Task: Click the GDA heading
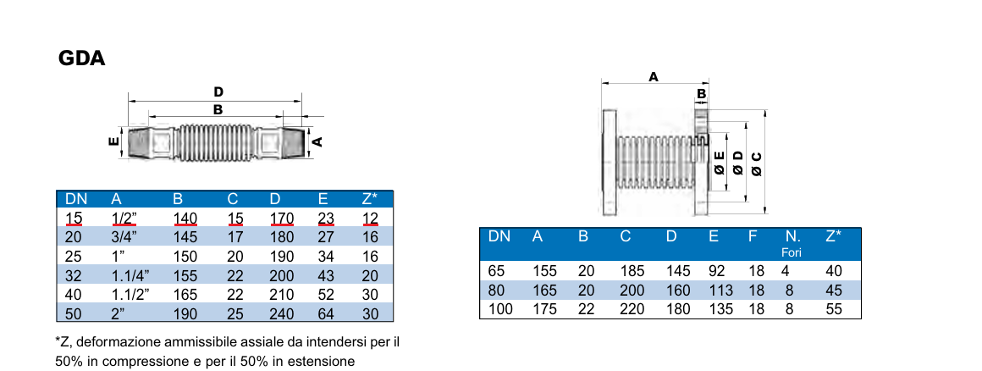tap(81, 59)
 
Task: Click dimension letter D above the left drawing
tap(218, 91)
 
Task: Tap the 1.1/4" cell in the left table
tap(130, 275)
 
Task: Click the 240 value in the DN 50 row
tap(281, 313)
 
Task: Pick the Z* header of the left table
tap(369, 200)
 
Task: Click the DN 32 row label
tap(74, 275)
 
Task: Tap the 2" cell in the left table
tap(119, 313)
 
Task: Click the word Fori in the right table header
tap(792, 252)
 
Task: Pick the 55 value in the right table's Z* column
tap(833, 309)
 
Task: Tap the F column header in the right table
tap(752, 236)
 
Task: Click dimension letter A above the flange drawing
tap(653, 76)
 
